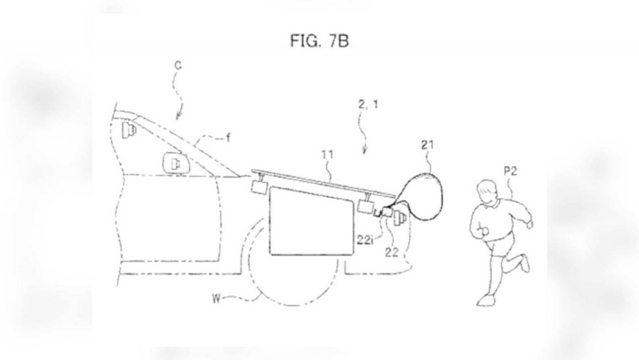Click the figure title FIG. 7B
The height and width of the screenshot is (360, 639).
pyautogui.click(x=319, y=41)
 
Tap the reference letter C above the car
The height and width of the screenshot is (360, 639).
pyautogui.click(x=177, y=65)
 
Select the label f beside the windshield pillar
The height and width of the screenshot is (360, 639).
pyautogui.click(x=228, y=137)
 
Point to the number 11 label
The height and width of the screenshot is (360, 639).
pyautogui.click(x=327, y=154)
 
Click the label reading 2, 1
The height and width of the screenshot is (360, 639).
pyautogui.click(x=368, y=105)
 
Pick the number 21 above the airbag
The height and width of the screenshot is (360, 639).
pyautogui.click(x=427, y=144)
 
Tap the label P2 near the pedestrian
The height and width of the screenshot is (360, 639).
pyautogui.click(x=510, y=171)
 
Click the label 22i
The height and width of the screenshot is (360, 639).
pyautogui.click(x=365, y=239)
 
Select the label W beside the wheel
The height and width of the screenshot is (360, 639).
pyautogui.click(x=216, y=299)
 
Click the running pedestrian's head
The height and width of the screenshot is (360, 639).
pyautogui.click(x=488, y=192)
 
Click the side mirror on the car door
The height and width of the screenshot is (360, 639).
pyautogui.click(x=176, y=164)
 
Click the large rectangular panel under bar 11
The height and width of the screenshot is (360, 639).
pyautogui.click(x=312, y=221)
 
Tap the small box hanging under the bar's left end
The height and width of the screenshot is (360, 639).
pyautogui.click(x=258, y=186)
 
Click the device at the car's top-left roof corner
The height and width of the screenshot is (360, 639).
pyautogui.click(x=129, y=129)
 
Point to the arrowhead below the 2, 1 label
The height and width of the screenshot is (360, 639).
pyautogui.click(x=365, y=152)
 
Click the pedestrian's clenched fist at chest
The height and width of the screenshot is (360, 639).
pyautogui.click(x=485, y=231)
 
